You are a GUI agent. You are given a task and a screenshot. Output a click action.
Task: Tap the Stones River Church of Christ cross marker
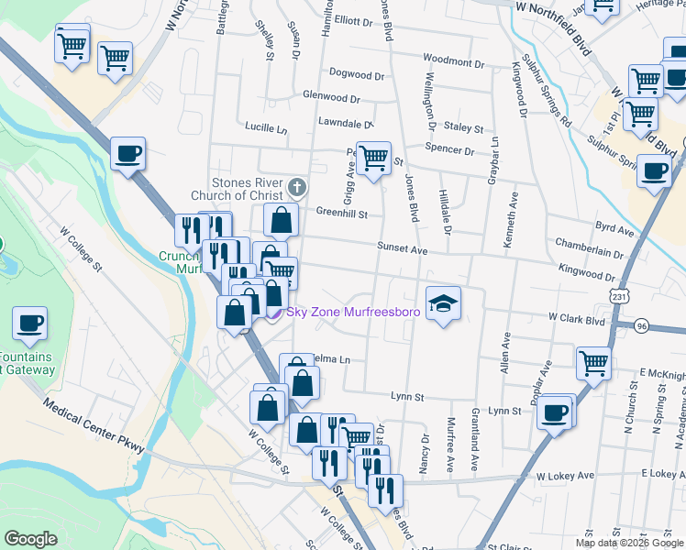295,188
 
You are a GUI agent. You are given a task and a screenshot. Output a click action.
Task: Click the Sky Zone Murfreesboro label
353,313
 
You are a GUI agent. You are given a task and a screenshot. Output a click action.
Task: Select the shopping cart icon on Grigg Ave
373,159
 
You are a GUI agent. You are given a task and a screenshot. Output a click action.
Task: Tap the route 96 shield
642,325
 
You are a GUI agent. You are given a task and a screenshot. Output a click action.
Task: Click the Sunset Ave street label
403,249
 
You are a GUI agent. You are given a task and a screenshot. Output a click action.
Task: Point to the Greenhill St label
341,214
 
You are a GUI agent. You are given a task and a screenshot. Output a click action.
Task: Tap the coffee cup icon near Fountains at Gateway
29,324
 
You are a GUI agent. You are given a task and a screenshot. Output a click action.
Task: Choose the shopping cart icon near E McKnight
593,363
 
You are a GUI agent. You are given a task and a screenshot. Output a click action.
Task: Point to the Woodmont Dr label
453,62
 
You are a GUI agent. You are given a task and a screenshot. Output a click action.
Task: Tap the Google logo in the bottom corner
30,539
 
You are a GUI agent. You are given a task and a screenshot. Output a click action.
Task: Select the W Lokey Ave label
566,476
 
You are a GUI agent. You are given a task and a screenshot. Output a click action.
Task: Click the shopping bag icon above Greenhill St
281,221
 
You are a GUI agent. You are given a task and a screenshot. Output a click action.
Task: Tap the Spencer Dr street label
449,149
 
